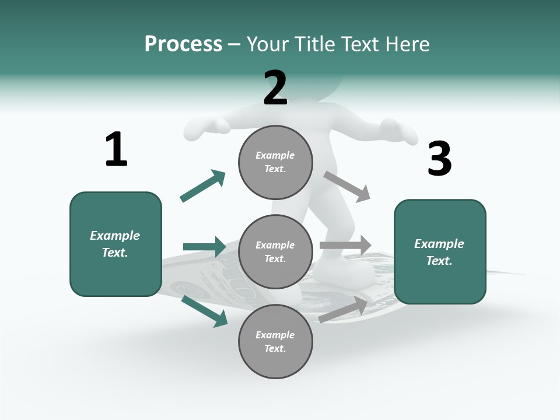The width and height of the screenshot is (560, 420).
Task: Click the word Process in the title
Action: point(183,44)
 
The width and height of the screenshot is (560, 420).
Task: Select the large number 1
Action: point(116,149)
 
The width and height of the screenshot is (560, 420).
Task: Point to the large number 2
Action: point(275,88)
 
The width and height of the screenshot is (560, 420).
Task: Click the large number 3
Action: point(439,159)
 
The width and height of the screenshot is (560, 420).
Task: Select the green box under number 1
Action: point(116,244)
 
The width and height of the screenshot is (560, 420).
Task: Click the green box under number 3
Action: point(440,252)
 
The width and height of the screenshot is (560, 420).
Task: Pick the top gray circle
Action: point(275,162)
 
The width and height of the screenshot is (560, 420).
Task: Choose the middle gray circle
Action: point(275,252)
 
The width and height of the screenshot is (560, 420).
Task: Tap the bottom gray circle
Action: point(275,342)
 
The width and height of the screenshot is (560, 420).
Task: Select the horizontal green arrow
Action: point(204,247)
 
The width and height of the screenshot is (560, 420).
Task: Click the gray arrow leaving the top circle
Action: point(347,187)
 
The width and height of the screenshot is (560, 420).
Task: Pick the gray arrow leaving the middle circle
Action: point(345,246)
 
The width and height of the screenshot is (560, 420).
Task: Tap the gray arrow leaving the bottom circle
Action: point(344,309)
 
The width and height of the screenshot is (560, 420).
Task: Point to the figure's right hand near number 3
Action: point(399,129)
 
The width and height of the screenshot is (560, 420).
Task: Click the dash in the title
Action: point(235,44)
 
